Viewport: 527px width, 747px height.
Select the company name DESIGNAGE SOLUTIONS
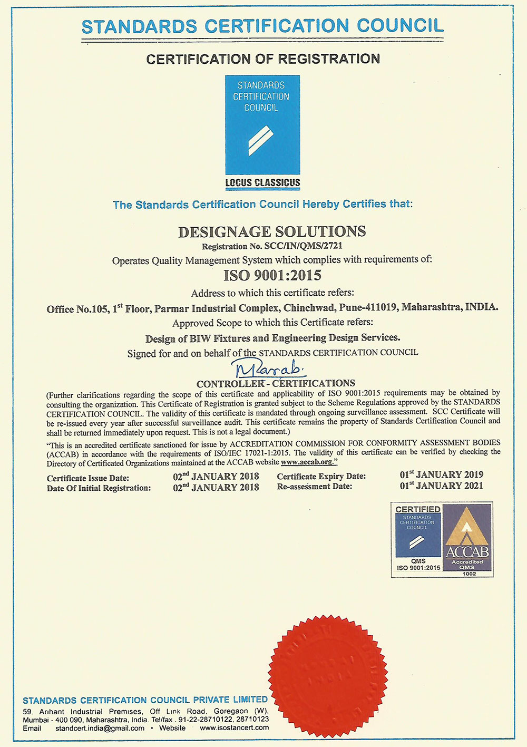click(x=272, y=232)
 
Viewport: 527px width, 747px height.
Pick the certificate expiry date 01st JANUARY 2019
click(x=441, y=474)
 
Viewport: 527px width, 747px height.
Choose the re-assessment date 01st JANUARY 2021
click(x=441, y=486)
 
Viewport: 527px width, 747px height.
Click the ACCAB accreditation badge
click(x=467, y=538)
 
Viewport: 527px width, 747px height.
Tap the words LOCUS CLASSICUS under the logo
click(x=262, y=183)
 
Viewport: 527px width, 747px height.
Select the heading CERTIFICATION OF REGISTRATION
click(x=263, y=59)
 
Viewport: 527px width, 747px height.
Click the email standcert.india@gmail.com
click(x=100, y=728)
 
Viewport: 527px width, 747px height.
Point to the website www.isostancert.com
click(x=234, y=728)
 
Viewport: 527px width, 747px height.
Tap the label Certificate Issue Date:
click(x=88, y=478)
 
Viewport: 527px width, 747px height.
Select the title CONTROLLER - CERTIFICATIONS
click(x=276, y=383)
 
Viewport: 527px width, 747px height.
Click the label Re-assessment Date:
click(x=315, y=486)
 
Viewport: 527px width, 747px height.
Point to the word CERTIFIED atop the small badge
click(x=417, y=509)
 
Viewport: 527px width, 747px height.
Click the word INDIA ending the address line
click(x=482, y=307)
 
